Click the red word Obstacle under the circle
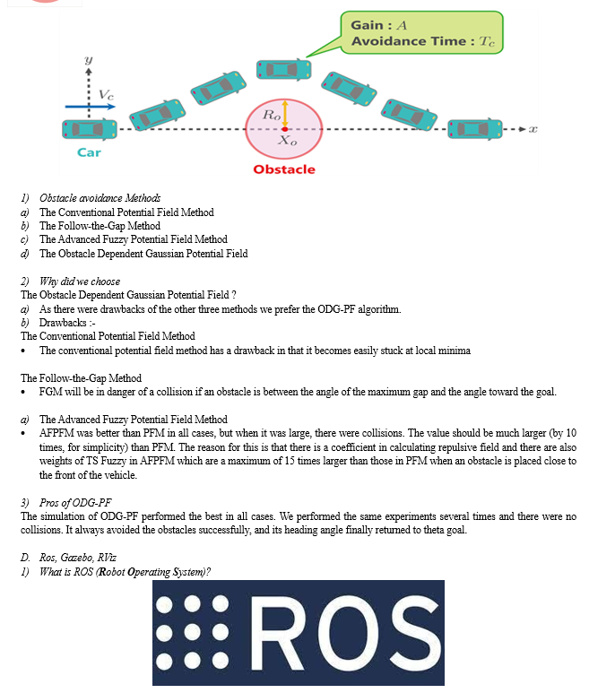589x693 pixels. (x=284, y=169)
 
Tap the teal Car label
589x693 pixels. (x=89, y=152)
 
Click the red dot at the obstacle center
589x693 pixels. (x=285, y=129)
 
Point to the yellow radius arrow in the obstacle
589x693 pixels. (x=285, y=114)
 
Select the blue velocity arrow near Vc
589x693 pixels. (x=91, y=107)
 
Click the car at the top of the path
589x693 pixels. (x=283, y=70)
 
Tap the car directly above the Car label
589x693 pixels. (x=90, y=129)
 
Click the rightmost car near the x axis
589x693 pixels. (x=475, y=129)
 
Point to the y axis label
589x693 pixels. (x=89, y=60)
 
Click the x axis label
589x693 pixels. (x=533, y=129)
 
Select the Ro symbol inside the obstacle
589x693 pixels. (x=272, y=115)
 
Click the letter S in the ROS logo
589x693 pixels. (x=413, y=632)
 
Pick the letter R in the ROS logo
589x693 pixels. (x=277, y=632)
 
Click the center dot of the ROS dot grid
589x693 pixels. (x=192, y=632)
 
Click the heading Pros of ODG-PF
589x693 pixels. (x=75, y=503)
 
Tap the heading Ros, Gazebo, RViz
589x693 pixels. (x=78, y=558)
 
